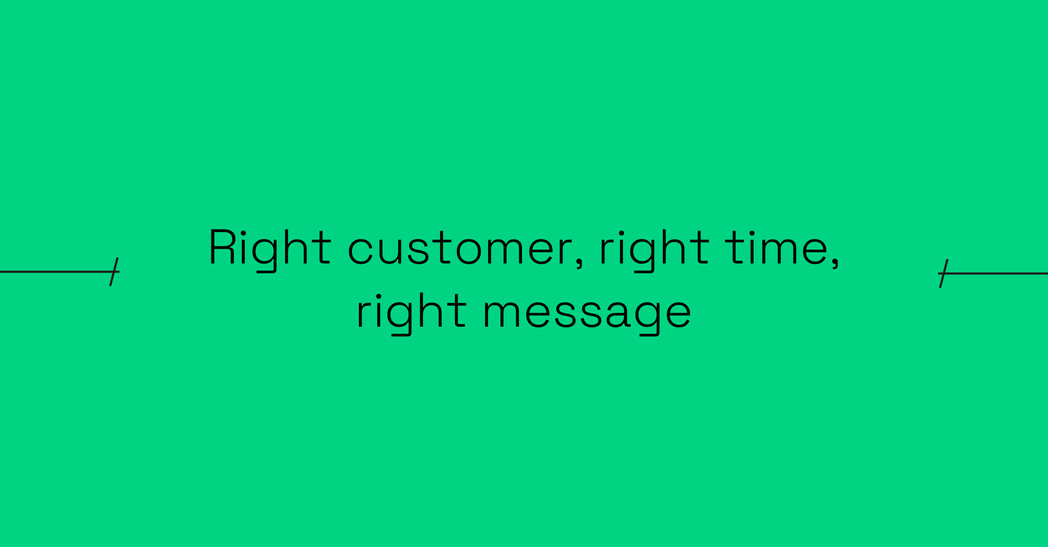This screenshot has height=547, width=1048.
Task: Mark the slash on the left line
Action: point(114,272)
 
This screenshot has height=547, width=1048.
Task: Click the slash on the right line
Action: point(943,273)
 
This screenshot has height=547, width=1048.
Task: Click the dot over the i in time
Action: point(752,233)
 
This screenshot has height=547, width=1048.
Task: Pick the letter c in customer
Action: point(360,251)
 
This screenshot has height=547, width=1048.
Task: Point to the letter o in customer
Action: point(469,251)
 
